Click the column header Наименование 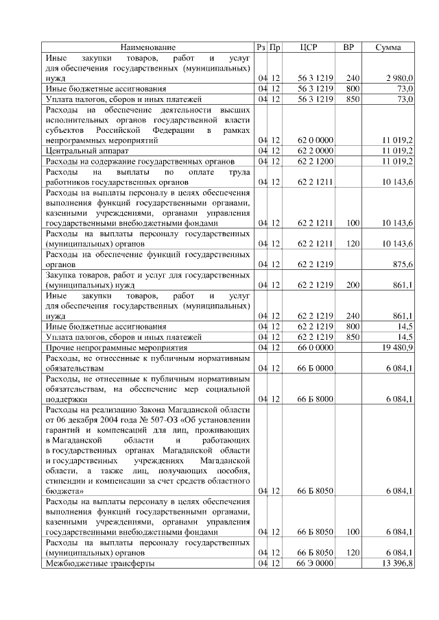coord(148,47)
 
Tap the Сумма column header coord(389,47)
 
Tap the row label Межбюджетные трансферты coord(99,562)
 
